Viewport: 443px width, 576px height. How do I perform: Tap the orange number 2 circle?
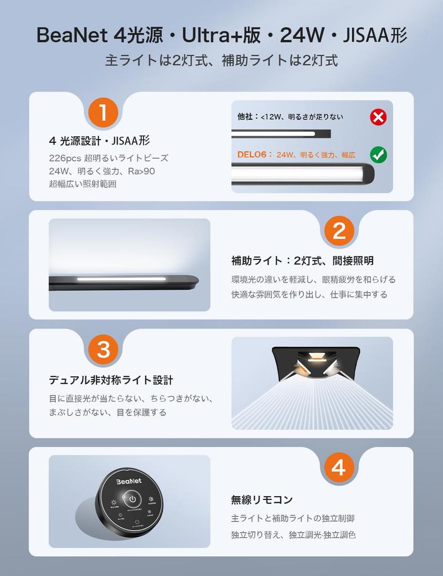[x=339, y=231]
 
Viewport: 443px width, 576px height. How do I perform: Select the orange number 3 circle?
[x=103, y=349]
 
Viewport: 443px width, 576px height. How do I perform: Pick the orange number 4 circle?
[x=339, y=467]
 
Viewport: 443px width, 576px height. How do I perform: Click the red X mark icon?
[x=378, y=117]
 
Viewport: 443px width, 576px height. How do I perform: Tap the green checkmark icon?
[x=378, y=155]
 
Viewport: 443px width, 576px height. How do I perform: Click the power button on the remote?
[x=131, y=499]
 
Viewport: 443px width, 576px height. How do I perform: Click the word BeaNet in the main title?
[x=71, y=36]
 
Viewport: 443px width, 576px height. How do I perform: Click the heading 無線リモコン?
[x=262, y=499]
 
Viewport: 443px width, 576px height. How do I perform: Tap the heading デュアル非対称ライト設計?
[x=107, y=380]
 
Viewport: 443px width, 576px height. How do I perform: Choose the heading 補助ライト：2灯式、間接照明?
[x=302, y=261]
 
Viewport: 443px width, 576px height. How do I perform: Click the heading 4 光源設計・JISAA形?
[x=99, y=141]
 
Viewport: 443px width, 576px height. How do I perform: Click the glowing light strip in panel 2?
[x=121, y=279]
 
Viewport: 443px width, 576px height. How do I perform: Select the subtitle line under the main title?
[x=221, y=61]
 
